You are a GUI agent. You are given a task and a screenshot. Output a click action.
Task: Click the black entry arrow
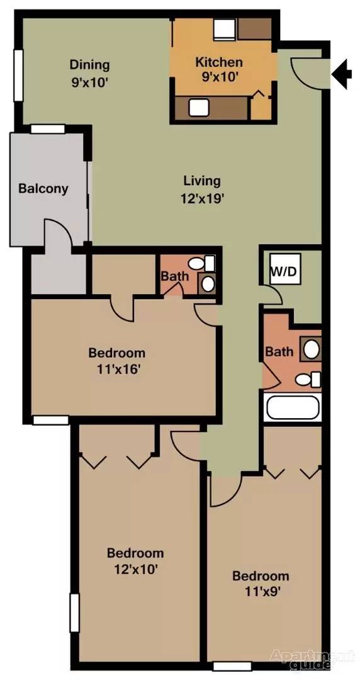pyautogui.click(x=342, y=74)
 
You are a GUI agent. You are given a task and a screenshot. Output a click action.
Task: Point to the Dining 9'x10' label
pyautogui.click(x=90, y=73)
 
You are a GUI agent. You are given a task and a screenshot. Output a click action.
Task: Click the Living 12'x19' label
pyautogui.click(x=202, y=189)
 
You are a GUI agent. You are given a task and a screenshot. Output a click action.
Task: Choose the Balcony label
pyautogui.click(x=43, y=189)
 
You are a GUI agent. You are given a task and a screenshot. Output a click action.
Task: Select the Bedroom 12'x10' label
pyautogui.click(x=135, y=561)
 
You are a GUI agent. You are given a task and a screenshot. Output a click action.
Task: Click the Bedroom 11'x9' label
pyautogui.click(x=261, y=584)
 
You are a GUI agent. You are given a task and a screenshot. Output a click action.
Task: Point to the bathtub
pyautogui.click(x=293, y=407)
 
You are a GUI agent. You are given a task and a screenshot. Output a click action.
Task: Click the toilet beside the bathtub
pyautogui.click(x=308, y=380)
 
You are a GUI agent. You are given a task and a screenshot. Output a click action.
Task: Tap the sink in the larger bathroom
pyautogui.click(x=311, y=349)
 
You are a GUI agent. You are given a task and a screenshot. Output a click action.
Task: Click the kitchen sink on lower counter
pyautogui.click(x=199, y=108)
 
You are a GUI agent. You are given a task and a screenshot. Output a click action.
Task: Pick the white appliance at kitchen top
pyautogui.click(x=225, y=30)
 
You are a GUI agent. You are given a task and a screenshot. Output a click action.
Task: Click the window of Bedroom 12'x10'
pyautogui.click(x=75, y=613)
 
